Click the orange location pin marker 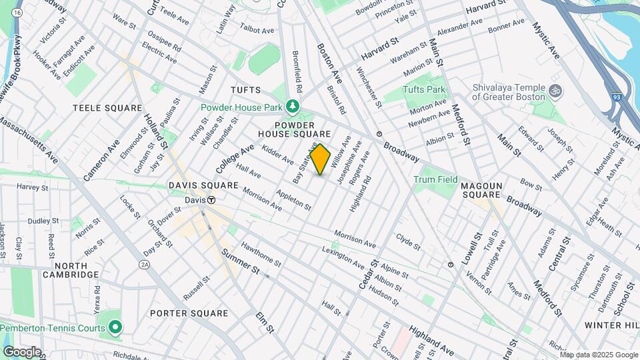pos(321,159)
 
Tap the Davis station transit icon pos(211,199)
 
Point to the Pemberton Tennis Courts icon pos(115,327)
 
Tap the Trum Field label pos(435,179)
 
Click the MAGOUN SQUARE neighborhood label pos(491,189)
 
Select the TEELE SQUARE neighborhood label pos(107,108)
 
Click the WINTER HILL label pos(611,325)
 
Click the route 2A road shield pos(145,265)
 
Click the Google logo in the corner pos(22,351)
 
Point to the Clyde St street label pos(408,241)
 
